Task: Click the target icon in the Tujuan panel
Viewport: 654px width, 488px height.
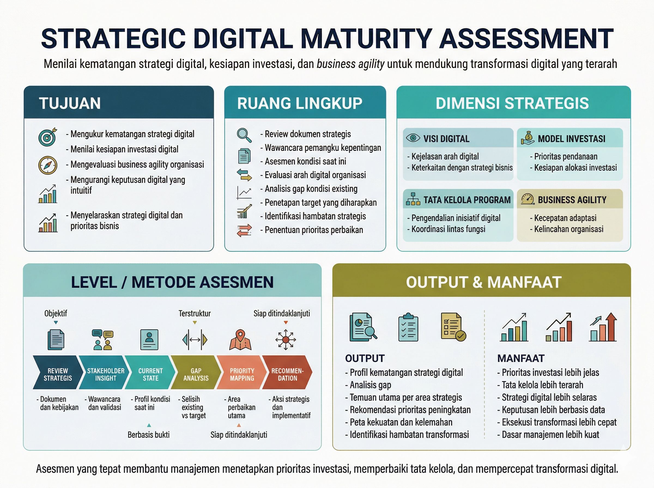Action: tap(48, 137)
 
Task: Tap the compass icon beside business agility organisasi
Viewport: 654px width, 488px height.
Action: tap(48, 165)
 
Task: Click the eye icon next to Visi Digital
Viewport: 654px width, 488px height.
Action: tap(413, 138)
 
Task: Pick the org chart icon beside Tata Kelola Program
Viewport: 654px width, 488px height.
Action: tap(413, 199)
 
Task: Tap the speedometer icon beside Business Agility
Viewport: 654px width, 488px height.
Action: tap(528, 199)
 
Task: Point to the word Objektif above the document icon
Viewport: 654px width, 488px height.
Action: tap(56, 313)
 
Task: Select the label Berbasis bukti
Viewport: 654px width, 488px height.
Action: tap(149, 435)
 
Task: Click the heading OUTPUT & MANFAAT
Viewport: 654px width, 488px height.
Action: tap(483, 282)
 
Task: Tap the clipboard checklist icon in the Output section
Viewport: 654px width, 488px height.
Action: tap(408, 327)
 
